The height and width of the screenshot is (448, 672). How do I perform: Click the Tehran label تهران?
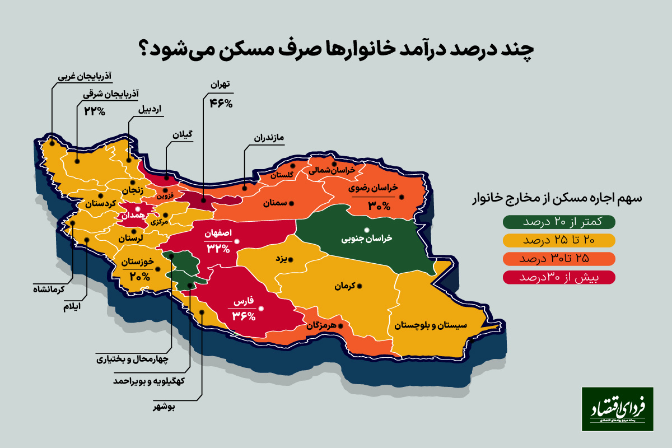220,86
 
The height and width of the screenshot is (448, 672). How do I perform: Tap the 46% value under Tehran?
221,102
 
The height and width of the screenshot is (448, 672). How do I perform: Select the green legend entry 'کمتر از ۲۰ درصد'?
560,221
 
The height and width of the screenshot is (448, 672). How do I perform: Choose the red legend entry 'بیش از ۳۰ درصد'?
560,277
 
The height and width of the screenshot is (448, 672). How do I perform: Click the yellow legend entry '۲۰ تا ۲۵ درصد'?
560,240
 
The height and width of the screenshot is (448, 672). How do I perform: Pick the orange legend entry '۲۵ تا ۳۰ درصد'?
560,259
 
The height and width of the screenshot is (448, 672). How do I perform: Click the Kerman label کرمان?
346,286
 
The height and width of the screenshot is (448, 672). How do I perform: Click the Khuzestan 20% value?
139,277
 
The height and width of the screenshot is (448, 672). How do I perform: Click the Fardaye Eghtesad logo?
617,409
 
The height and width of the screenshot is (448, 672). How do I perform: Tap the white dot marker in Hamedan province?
138,208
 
